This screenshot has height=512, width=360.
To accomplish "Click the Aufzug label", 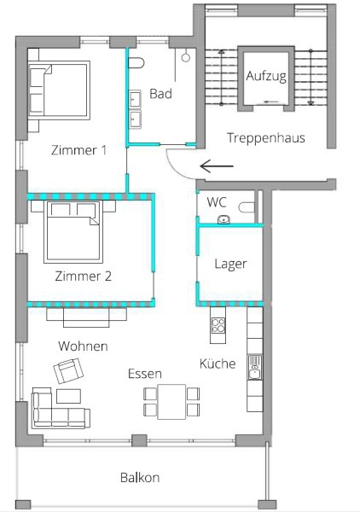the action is coord(266,77).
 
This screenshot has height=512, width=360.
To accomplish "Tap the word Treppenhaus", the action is coord(266,137).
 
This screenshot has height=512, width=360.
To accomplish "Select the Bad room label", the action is coord(160,94).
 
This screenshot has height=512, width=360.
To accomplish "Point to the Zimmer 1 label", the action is coord(79,150).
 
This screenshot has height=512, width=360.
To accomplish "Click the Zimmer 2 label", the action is coord(84,276).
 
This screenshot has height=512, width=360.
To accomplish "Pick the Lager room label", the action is coord(230,264).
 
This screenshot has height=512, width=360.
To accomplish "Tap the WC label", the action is coord(217,202).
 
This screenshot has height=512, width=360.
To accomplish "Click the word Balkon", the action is coord(140,478).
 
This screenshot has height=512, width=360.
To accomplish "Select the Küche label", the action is coord(218,364).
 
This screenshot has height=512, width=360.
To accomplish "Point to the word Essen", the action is coord(144,374).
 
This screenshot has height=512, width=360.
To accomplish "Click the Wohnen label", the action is coord(83,346).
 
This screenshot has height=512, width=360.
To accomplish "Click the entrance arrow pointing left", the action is coord(217,166).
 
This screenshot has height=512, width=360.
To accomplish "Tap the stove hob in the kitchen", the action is coord(218,325).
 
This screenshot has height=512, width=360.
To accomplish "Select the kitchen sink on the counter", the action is coord(255,367).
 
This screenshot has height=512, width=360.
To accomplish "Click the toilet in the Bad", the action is coord(136,62).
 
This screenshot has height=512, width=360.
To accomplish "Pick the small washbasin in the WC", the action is coord(224,220).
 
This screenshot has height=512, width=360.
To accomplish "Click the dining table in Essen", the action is coord(171,402).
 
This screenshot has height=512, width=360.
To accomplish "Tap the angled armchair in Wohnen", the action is coord(68,370).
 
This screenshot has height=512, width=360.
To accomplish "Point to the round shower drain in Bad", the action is coord(186,57).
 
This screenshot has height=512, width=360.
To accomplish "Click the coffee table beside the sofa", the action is coord(68,396).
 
